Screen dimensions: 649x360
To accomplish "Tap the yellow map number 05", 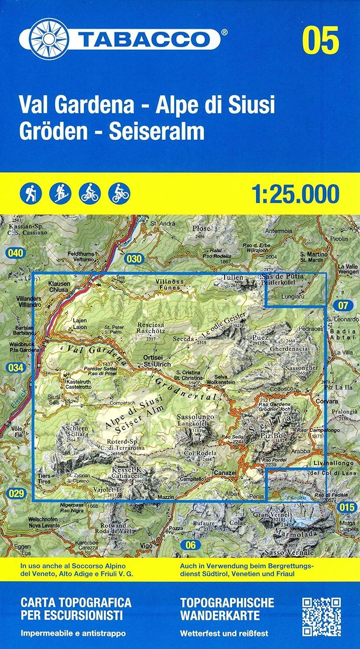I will point(321,40).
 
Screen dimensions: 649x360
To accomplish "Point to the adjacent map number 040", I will point(14,253).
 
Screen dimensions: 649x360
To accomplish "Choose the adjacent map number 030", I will point(135,259).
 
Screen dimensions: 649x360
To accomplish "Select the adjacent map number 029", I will point(16,493).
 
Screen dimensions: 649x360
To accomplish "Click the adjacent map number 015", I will point(347,507).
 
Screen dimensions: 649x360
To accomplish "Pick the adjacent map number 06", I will point(191,545).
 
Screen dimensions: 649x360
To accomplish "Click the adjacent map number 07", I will point(343,306).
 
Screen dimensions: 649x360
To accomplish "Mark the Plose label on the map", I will point(202,228).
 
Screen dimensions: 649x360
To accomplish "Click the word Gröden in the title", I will point(51,132).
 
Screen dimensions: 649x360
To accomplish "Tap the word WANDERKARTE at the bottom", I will point(220,616).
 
